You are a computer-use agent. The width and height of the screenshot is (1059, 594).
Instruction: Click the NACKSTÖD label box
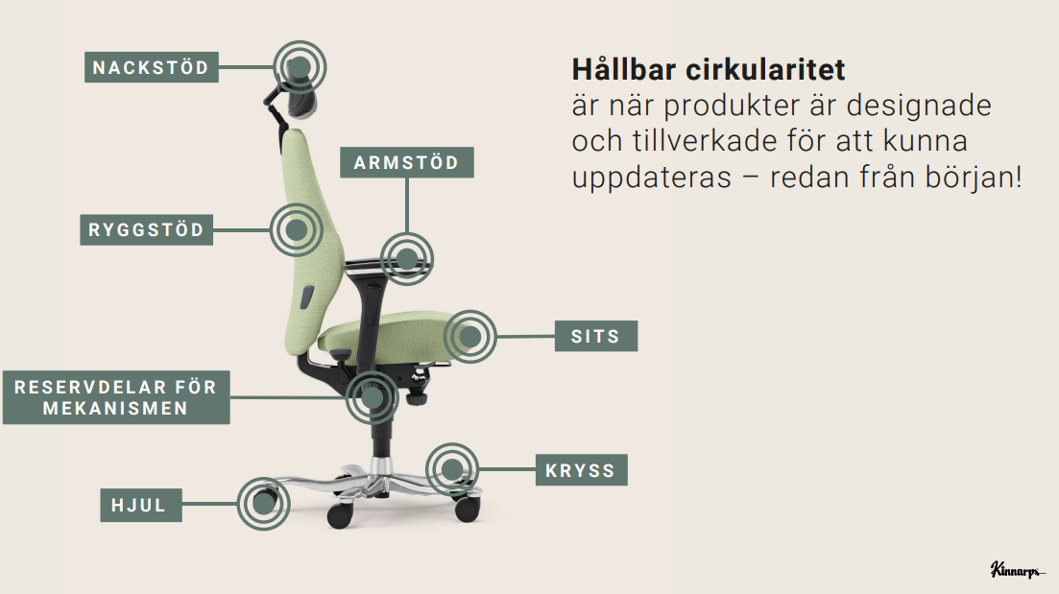coord(150,68)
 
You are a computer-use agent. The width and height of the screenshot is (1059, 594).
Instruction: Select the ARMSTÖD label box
coord(406,162)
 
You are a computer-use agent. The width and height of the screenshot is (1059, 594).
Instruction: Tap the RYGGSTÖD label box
coord(146,230)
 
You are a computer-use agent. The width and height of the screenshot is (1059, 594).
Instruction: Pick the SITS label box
coord(596,337)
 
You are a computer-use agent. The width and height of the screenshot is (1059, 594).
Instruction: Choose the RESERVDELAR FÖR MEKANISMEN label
coord(116,397)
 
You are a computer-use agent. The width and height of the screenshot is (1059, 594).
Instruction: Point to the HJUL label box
coord(140,505)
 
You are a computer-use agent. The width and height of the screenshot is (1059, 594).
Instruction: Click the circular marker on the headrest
coord(300,67)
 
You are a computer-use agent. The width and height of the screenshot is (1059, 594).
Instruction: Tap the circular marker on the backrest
coord(297,229)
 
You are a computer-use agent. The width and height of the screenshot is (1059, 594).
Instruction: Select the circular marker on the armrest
coord(406,258)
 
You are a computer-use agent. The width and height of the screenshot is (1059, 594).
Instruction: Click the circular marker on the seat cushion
coord(470,336)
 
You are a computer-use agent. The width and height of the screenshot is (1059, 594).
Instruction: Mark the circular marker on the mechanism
coord(372,396)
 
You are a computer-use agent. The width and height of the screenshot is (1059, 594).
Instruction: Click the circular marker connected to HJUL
coord(262,503)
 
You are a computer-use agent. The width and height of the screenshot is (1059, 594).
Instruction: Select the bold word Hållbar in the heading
coord(629,70)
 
